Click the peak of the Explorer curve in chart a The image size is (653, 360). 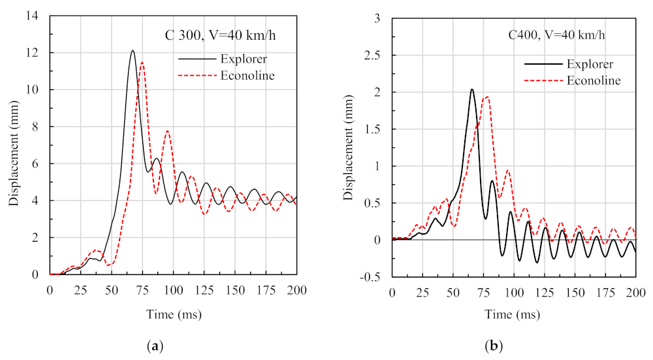133,51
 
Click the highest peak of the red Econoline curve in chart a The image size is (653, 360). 142,63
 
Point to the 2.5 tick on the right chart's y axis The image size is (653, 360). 377,56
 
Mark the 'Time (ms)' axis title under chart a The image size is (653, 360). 174,314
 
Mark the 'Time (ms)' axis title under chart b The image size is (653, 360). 514,314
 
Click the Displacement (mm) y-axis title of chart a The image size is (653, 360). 14,145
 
